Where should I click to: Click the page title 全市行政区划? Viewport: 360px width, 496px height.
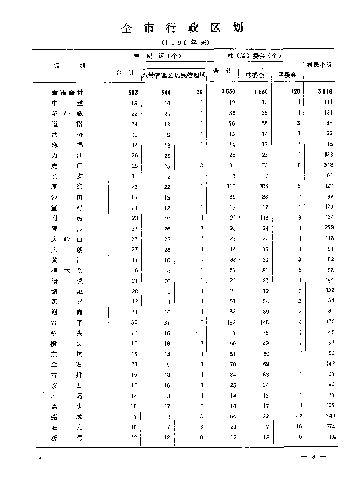[x=183, y=28]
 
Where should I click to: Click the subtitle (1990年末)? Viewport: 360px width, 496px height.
[x=185, y=43]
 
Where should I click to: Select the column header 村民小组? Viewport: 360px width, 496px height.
[x=319, y=65]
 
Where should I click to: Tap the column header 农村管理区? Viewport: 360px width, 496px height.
[x=158, y=75]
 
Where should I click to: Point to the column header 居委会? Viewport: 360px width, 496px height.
[x=287, y=75]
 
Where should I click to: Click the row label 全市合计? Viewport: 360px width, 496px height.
[x=67, y=93]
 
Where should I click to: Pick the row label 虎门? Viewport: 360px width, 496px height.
[x=67, y=166]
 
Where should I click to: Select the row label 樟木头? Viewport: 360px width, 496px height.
[x=67, y=271]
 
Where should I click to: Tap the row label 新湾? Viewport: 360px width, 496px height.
[x=67, y=438]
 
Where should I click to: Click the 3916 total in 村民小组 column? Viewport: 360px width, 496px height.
[x=325, y=92]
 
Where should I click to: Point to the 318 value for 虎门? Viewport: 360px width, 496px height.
[x=328, y=165]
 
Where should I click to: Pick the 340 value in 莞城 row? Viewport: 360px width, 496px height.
[x=329, y=416]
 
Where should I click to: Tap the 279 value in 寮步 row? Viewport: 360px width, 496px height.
[x=329, y=228]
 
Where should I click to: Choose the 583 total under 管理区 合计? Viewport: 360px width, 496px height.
[x=133, y=93]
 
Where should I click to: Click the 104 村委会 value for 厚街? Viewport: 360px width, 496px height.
[x=264, y=187]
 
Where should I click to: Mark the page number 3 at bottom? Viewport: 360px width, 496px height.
[x=313, y=457]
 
